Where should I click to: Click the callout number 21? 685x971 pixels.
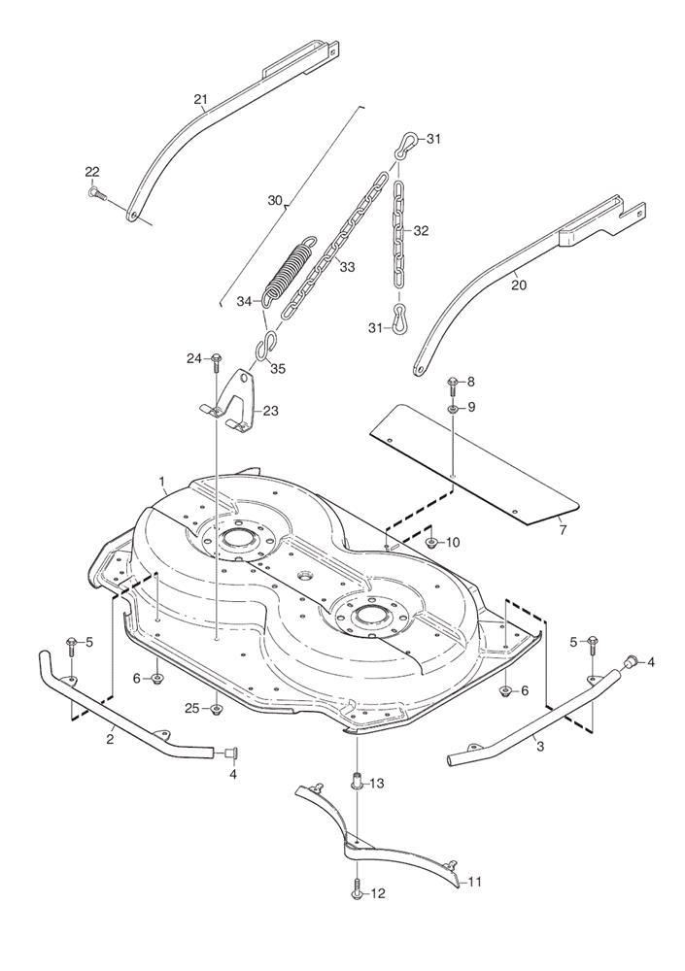pos(201,99)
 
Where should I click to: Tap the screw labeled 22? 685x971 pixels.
pos(95,193)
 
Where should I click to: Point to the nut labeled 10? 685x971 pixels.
pos(431,542)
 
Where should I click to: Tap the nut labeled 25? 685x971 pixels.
pos(216,709)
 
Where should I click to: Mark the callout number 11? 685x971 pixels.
pos(475,882)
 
